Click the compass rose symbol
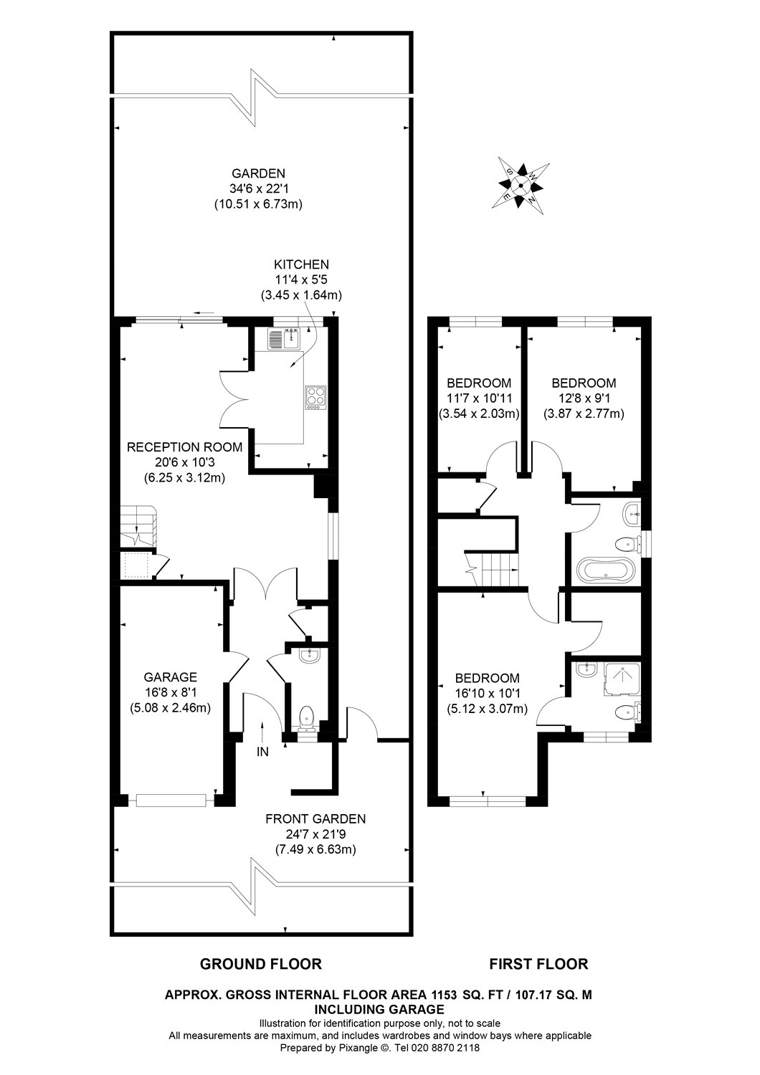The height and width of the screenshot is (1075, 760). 521,184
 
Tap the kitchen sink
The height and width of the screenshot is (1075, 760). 285,338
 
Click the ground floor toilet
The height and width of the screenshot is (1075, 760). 307,717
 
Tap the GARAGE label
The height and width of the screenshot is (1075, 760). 170,677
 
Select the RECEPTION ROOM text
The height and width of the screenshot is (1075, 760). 184,447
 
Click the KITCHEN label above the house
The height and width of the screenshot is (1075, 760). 300,264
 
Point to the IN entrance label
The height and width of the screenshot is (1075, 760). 263,752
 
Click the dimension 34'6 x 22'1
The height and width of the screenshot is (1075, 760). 258,188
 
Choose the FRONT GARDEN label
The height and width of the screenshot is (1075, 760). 315,818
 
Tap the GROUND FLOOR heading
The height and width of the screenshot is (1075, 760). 260,964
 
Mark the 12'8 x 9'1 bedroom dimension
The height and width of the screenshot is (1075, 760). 583,398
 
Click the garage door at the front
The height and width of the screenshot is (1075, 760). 172,800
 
